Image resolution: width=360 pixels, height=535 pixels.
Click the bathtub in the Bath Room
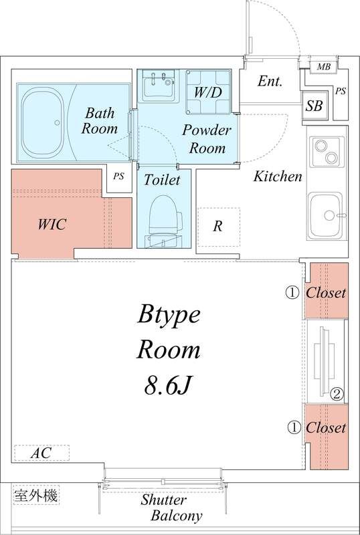(42, 122)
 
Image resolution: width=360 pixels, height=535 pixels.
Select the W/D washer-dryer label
(208, 92)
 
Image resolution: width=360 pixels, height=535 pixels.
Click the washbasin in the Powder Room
(160, 86)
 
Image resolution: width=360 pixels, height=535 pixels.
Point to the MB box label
(323, 67)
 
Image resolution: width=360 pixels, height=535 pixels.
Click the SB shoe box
(314, 106)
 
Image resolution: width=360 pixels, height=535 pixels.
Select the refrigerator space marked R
(219, 227)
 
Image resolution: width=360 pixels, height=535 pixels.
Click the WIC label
(52, 225)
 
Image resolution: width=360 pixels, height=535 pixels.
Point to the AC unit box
(41, 453)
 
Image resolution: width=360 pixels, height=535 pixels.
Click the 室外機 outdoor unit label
(36, 495)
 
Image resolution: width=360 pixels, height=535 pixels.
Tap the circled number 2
(336, 395)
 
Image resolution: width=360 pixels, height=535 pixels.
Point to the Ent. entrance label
(270, 82)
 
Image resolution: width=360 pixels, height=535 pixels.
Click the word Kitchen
(278, 177)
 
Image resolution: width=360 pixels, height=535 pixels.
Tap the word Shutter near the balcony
(163, 500)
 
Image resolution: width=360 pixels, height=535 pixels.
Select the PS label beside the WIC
(119, 177)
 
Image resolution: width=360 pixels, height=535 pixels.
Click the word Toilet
(161, 180)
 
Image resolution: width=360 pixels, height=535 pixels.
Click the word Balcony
(177, 516)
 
